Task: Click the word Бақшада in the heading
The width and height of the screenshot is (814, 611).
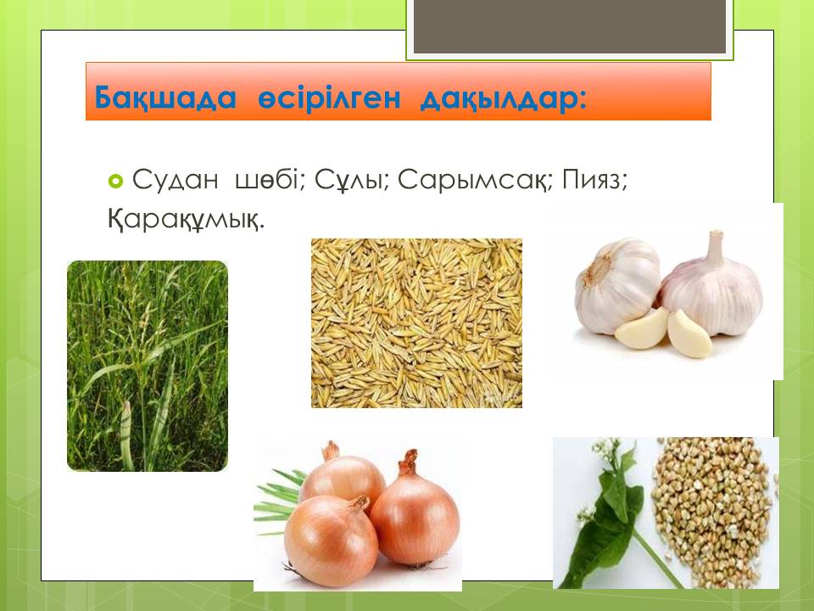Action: (165, 98)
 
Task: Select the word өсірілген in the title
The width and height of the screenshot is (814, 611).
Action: (329, 97)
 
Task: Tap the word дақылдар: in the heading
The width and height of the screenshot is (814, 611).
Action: (504, 98)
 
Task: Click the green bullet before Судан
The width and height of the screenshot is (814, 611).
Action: (115, 181)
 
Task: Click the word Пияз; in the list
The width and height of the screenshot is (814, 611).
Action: (595, 181)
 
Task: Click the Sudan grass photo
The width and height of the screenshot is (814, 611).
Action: (148, 366)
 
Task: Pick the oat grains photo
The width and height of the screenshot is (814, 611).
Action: (416, 322)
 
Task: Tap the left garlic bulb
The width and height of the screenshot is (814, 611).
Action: (616, 285)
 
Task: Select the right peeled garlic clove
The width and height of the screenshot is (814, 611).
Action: (689, 334)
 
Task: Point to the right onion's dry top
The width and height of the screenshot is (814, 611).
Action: (409, 462)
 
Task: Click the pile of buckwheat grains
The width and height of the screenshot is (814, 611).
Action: (714, 512)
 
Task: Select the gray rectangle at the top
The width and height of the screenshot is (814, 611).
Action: (570, 26)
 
